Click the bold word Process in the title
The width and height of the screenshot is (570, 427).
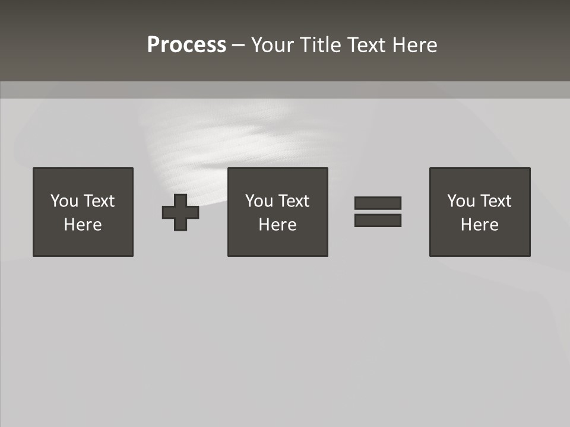click(x=186, y=45)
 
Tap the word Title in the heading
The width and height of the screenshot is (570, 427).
click(x=321, y=45)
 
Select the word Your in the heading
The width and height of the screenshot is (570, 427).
click(x=273, y=45)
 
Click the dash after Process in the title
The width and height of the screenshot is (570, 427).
click(x=238, y=46)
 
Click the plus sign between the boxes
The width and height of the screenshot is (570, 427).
click(x=180, y=212)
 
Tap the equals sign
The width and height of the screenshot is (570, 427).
click(x=378, y=212)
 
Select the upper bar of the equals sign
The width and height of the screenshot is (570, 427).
click(x=378, y=203)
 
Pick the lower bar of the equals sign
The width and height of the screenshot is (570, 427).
click(x=378, y=221)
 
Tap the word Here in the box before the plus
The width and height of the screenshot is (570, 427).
click(x=83, y=225)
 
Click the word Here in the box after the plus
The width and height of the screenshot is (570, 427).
click(x=278, y=225)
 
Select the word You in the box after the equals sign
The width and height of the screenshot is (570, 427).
click(x=461, y=201)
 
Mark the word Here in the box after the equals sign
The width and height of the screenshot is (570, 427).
click(x=480, y=225)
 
